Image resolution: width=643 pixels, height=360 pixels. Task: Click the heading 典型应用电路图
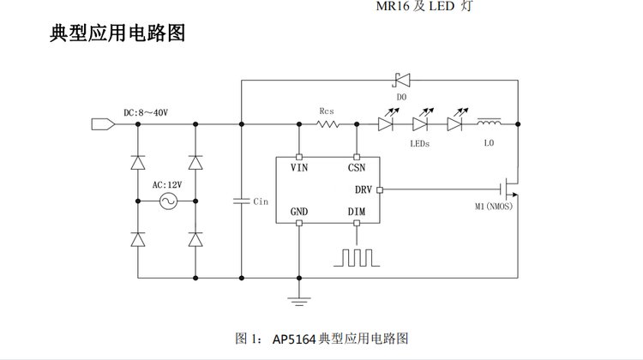(x=118, y=35)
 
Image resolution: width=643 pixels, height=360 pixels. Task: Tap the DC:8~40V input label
(x=145, y=112)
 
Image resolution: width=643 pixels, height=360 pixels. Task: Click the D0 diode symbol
(x=400, y=81)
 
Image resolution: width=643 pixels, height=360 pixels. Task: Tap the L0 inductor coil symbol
(x=489, y=123)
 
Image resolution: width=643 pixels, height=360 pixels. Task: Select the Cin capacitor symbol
(x=242, y=201)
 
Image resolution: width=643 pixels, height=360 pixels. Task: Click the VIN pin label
(x=299, y=169)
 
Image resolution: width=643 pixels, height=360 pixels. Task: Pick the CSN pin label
(x=357, y=169)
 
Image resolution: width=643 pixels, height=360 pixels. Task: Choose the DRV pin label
(x=362, y=189)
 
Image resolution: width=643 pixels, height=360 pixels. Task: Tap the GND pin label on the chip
(x=299, y=211)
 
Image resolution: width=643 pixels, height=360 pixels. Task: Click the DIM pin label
(x=357, y=211)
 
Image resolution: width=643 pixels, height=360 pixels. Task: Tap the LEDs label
(x=420, y=143)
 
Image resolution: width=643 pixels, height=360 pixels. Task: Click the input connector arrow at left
(x=102, y=124)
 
